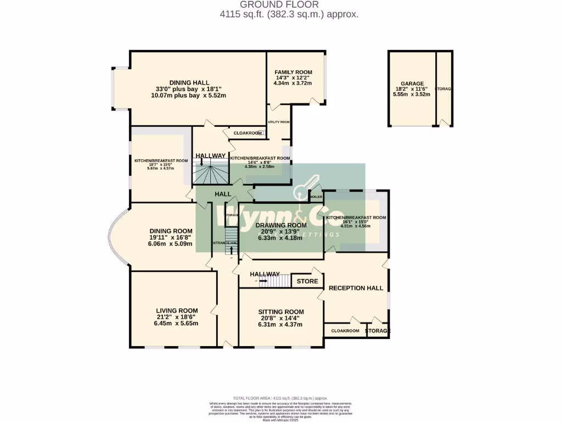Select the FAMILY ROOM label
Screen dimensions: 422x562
(x=293, y=72)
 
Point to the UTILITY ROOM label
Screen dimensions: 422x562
(x=278, y=122)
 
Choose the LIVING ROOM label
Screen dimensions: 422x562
(x=177, y=310)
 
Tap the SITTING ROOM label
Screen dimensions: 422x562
(x=281, y=312)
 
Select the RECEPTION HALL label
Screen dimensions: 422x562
(x=355, y=287)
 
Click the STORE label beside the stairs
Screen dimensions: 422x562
(x=307, y=281)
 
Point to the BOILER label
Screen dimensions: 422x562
(x=316, y=196)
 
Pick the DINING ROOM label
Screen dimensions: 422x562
(x=171, y=231)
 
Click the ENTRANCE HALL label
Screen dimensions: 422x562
(x=224, y=243)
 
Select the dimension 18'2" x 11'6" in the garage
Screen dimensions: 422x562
(x=412, y=88)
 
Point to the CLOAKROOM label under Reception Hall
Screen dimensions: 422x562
(x=345, y=331)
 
